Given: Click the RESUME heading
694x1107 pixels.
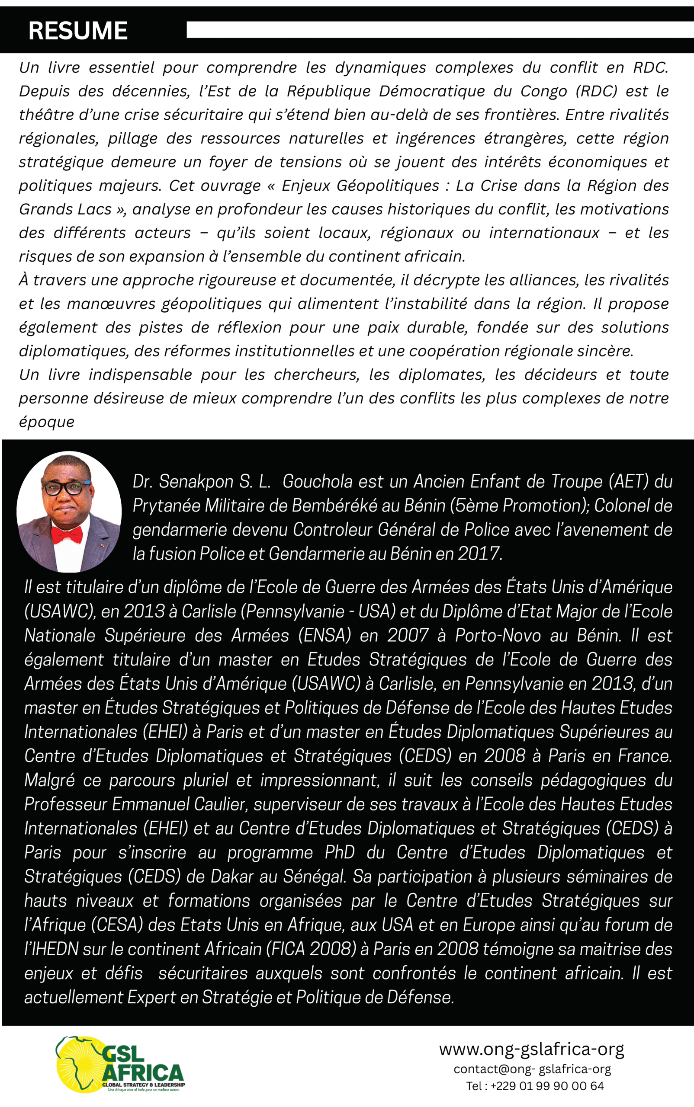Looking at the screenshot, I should coord(77,31).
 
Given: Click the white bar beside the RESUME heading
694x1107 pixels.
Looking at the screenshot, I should coord(440,30).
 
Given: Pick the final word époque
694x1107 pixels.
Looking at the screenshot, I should coord(46,422).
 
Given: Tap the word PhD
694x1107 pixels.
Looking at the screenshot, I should coord(340,853).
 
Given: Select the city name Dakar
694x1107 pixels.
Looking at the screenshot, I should coord(232,877).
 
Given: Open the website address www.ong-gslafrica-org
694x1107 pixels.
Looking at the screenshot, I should coord(531,1049).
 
